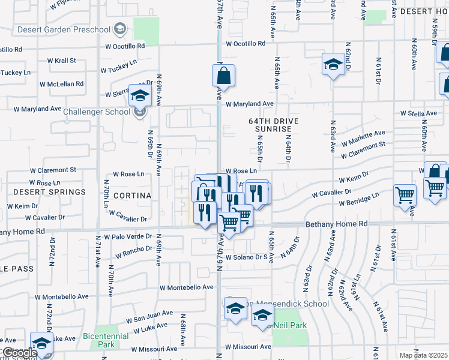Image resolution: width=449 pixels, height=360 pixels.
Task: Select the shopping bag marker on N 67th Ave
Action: coord(223,76)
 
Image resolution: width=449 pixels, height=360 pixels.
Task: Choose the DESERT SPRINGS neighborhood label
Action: coord(49,192)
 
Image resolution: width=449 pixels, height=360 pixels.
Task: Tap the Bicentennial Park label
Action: coord(106,341)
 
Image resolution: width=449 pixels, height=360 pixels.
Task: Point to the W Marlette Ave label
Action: coord(363,137)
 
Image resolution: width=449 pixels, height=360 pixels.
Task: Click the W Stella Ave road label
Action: coord(418,113)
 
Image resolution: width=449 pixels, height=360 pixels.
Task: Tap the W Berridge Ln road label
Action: coord(359,199)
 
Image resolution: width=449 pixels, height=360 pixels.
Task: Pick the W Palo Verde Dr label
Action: coord(128,237)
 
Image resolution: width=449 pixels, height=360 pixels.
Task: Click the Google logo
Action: coord(20,353)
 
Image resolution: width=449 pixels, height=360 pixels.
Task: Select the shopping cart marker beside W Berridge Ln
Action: coord(405,195)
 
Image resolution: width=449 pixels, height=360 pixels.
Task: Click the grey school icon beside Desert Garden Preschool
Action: coord(119,29)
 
